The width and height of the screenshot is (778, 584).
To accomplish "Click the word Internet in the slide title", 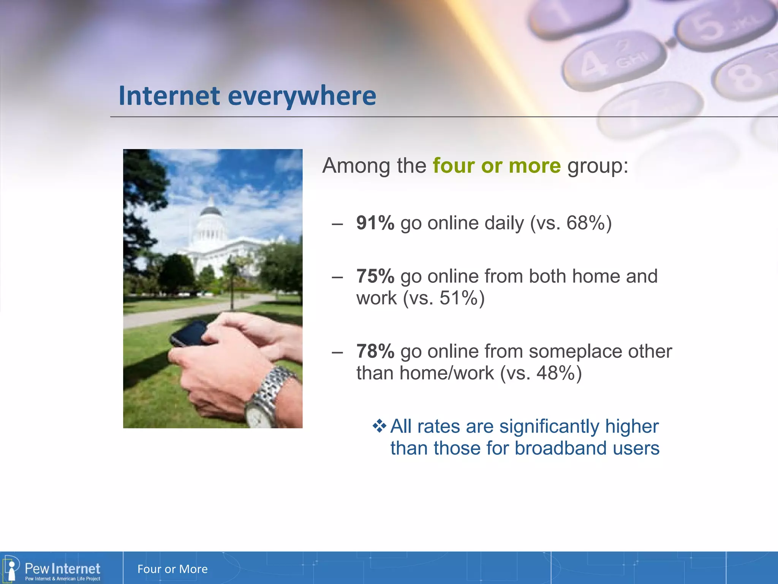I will pos(169,95).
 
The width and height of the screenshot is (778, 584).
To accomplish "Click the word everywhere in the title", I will pos(302,96).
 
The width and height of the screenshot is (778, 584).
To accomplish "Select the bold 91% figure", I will pos(375,223).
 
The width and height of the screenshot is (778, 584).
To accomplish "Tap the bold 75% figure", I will pos(375,276).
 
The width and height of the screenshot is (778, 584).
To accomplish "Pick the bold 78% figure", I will pos(375,351).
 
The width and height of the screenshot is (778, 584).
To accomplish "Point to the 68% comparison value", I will pos(585,223).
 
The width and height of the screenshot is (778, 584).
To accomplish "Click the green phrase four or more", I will pos(497,166).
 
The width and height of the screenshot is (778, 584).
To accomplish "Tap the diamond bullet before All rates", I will pos(379,426).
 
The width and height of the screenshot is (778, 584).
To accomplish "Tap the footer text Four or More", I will pos(172,569).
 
